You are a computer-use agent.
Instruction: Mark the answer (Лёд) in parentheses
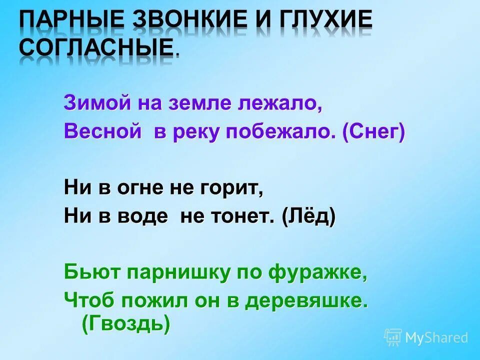[x=308, y=217]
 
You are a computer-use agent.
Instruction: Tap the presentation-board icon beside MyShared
[x=393, y=337]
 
